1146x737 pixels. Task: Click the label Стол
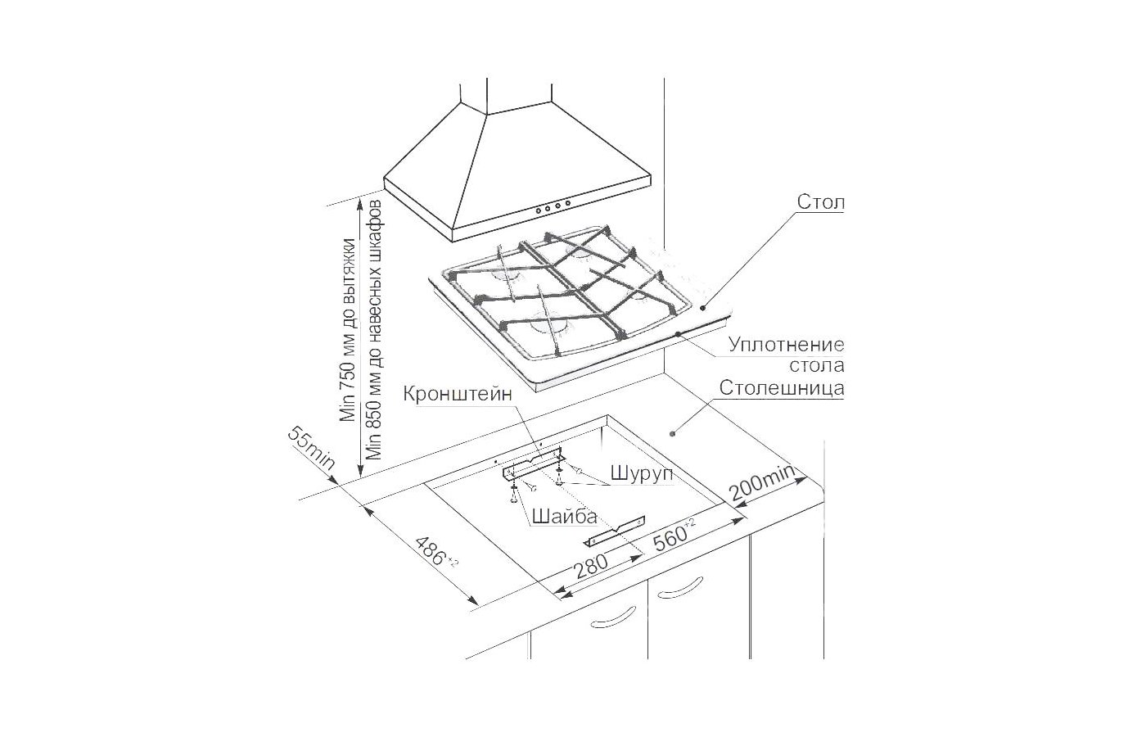point(820,202)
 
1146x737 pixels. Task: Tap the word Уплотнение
point(787,345)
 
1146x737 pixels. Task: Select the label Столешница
point(782,388)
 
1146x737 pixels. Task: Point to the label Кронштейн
point(458,394)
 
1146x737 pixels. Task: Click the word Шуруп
point(642,473)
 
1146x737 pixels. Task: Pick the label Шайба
point(564,517)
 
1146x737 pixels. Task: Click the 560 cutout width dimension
point(674,536)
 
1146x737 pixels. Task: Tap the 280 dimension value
point(591,567)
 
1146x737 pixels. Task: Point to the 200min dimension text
point(762,482)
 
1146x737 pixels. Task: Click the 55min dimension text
point(311,448)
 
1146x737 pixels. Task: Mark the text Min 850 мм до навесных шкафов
point(374,329)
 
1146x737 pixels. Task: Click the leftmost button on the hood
point(539,209)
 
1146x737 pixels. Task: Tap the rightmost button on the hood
point(568,203)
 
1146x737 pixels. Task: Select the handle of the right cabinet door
point(680,586)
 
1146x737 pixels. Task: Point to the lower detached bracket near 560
point(615,531)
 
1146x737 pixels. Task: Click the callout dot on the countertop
point(673,433)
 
